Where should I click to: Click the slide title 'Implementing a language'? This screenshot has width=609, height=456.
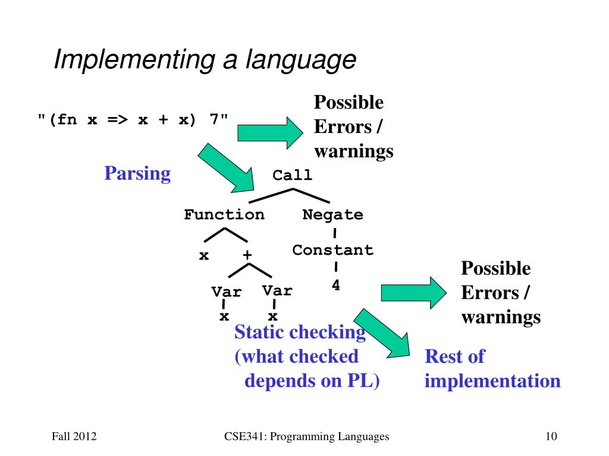tap(205, 60)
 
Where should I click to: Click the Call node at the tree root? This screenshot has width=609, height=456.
tap(292, 175)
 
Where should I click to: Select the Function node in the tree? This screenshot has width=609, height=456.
tap(224, 214)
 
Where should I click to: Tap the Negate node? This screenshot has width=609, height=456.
tap(332, 214)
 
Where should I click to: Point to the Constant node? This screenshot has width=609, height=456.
tap(332, 250)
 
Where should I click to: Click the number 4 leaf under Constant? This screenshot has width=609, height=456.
tap(335, 286)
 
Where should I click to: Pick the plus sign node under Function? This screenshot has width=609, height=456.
tap(247, 255)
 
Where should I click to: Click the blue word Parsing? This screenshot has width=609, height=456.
tap(137, 173)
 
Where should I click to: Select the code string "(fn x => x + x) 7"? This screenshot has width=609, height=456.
tap(133, 119)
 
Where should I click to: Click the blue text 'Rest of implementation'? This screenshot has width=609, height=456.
tap(492, 369)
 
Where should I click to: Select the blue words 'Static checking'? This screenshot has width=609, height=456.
tap(300, 332)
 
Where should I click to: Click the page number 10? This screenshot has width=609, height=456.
tap(551, 438)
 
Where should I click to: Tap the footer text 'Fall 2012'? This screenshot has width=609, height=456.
tap(74, 438)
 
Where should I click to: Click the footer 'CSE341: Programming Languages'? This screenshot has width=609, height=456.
tap(306, 438)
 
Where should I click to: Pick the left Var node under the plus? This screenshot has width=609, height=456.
tap(227, 292)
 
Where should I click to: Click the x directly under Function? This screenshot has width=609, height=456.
tap(203, 256)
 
